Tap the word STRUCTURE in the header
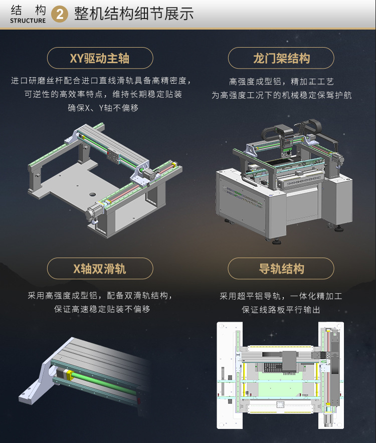point(28,21)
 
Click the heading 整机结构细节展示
point(134,14)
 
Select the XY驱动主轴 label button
point(100,58)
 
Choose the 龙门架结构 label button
point(281,58)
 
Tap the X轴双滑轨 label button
point(100,269)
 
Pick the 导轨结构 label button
point(281,269)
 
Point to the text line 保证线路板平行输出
point(281,310)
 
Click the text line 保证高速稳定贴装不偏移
point(102,309)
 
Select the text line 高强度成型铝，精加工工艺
point(281,82)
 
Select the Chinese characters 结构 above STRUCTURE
point(28,10)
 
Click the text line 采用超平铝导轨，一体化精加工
point(281,296)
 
